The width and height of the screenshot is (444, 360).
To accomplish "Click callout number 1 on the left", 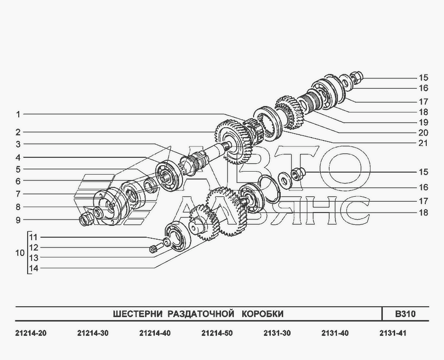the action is click(18, 114).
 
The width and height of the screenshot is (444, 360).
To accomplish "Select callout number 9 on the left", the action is click(18, 220).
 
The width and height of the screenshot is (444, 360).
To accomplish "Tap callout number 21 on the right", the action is click(423, 143).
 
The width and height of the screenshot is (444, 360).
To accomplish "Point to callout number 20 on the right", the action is click(423, 133).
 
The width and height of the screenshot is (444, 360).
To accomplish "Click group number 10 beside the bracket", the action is click(20, 252).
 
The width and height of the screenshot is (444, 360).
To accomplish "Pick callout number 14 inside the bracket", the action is click(34, 268).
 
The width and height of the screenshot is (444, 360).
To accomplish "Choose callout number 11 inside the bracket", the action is click(34, 237).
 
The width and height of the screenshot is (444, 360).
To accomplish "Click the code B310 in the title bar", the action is click(405, 314).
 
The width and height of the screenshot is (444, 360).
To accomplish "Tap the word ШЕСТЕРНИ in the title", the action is click(138, 314).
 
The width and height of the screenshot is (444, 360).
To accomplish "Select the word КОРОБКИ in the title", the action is click(263, 314).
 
